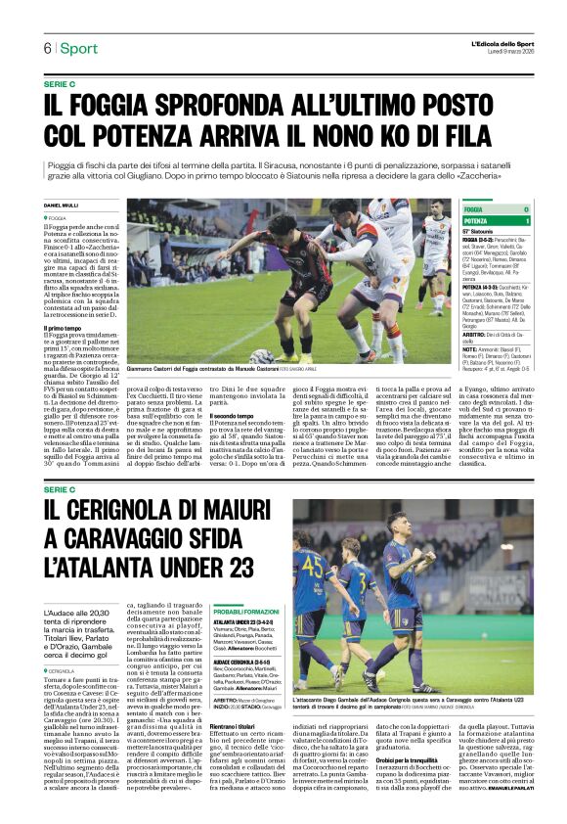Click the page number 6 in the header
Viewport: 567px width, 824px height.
click(46, 48)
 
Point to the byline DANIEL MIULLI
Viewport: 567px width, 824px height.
click(62, 205)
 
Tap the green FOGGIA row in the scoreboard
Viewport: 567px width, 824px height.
click(497, 210)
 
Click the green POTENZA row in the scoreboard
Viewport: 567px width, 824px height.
click(497, 222)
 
